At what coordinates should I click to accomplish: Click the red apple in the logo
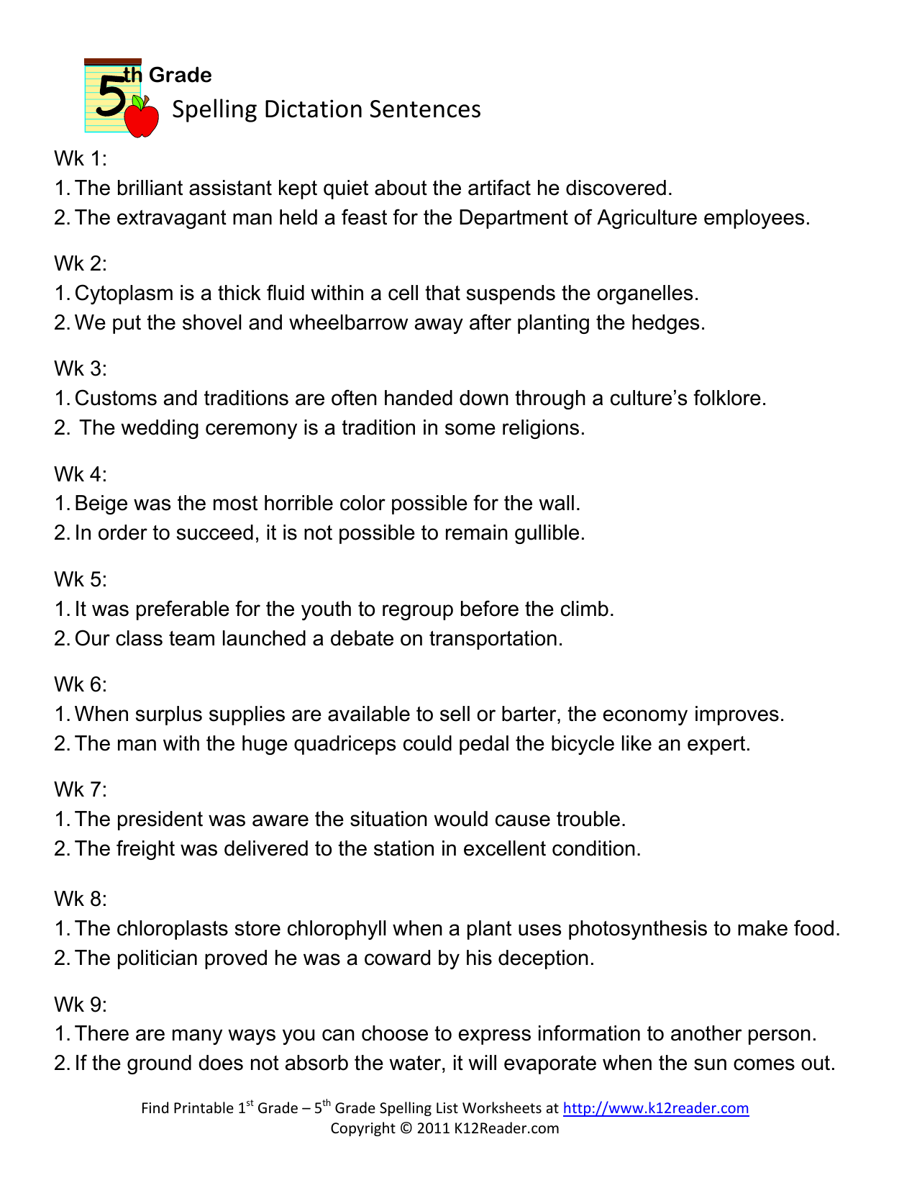(142, 118)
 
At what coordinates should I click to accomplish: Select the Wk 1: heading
(80, 158)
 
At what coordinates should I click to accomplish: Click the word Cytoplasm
(124, 293)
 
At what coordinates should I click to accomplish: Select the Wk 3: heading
(80, 368)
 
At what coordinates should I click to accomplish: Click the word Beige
(101, 503)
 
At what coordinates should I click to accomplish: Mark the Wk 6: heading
(80, 684)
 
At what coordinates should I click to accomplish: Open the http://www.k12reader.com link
(655, 1108)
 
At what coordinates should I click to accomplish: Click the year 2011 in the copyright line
(433, 1128)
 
